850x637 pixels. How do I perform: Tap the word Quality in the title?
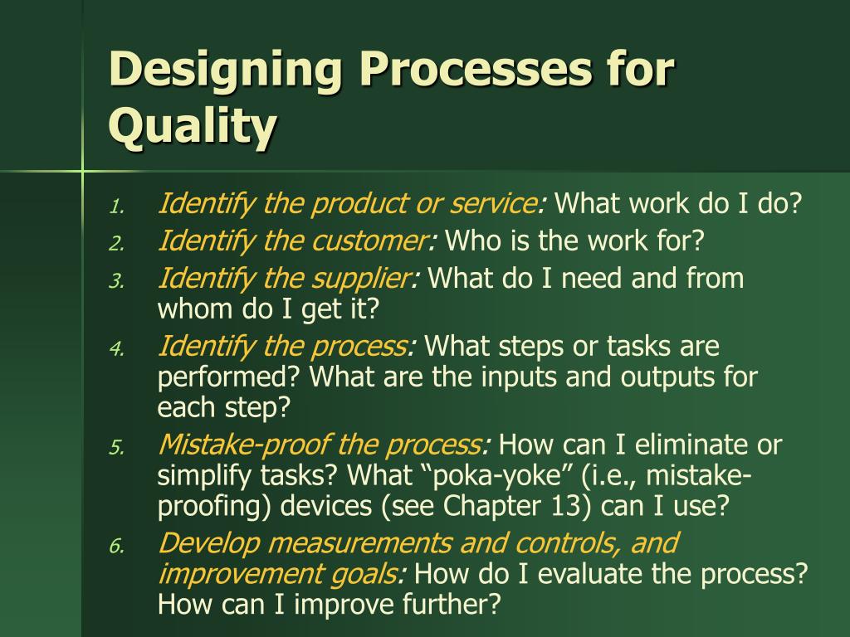coord(193,126)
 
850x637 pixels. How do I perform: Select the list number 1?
coord(117,207)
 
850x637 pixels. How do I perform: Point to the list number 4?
coord(117,349)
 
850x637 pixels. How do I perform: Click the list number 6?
coord(117,546)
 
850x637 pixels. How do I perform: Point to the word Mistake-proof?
coord(244,445)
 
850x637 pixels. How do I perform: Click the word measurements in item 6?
coord(359,543)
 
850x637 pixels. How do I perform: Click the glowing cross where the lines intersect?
coord(82,171)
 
